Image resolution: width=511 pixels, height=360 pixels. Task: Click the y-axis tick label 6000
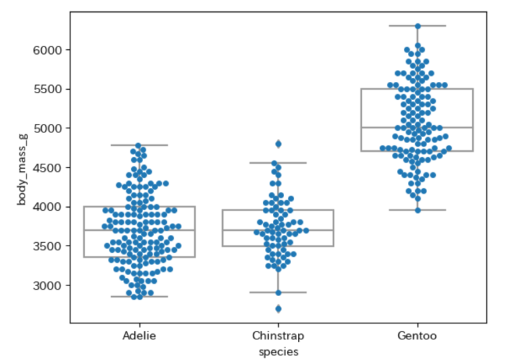point(49,50)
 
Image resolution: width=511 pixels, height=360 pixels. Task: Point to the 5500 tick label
point(49,89)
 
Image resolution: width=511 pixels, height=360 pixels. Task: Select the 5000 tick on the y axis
point(49,128)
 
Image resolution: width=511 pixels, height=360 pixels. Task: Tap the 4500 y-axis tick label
point(49,168)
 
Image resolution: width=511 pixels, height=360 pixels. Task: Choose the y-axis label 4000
point(49,207)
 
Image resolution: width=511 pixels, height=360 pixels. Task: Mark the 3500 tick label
point(49,246)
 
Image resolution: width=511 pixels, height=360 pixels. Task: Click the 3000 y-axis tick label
point(49,285)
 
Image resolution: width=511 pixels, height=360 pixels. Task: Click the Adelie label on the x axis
point(139,336)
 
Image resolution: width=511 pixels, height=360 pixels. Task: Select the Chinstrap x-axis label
point(278,336)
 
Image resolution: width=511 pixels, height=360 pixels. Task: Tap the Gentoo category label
point(417,336)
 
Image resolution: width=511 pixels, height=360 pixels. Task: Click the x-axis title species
point(278,351)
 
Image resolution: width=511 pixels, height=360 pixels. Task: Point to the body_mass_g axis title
point(21,170)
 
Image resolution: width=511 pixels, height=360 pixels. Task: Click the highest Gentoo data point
point(417,27)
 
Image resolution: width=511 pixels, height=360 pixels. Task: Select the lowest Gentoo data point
point(417,210)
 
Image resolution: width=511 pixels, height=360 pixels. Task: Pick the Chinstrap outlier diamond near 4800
point(278,144)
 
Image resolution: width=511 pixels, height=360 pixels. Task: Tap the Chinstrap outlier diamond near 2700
point(278,309)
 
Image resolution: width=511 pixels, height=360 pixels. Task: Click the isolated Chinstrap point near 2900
point(278,293)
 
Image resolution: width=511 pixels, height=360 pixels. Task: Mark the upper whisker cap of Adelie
point(139,145)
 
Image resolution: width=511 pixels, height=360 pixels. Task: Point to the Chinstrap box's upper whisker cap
point(278,162)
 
